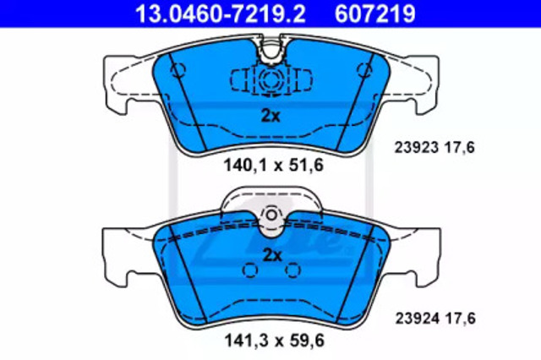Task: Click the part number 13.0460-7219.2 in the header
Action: (221, 14)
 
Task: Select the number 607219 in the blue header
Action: (375, 14)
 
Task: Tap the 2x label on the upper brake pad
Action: (270, 117)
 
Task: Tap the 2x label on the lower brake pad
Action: (272, 255)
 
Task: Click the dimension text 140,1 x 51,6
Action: (274, 165)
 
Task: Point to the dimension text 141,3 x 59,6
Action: (275, 341)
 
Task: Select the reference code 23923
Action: (417, 148)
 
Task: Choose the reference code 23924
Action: (417, 319)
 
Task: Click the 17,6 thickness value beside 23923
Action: (460, 148)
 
